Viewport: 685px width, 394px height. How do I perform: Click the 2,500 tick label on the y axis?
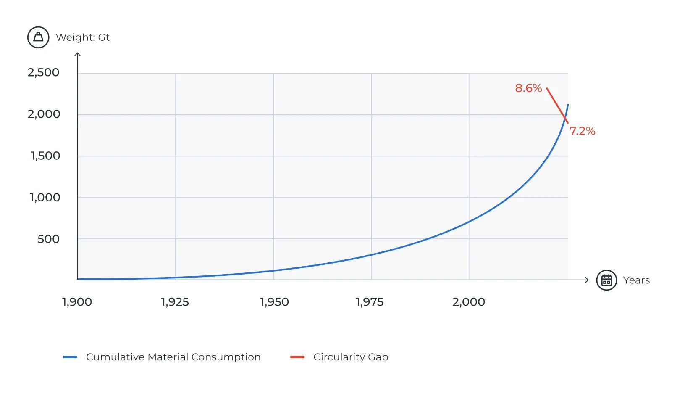pos(43,72)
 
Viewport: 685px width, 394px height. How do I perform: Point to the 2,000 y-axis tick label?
pos(44,114)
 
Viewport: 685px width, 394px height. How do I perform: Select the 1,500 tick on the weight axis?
pos(45,156)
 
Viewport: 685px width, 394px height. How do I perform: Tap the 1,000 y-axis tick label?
pos(45,197)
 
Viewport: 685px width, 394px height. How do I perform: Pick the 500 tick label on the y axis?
pos(48,239)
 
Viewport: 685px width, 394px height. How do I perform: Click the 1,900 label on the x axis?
pos(77,302)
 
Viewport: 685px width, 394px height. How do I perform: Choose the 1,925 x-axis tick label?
pos(175,302)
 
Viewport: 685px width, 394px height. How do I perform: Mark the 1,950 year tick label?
pos(274,302)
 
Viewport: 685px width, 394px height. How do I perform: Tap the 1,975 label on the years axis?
pos(370,302)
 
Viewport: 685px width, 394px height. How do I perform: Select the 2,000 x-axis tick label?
pos(469,302)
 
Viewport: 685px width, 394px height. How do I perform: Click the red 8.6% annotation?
pos(528,88)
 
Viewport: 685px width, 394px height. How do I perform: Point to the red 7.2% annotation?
pos(582,131)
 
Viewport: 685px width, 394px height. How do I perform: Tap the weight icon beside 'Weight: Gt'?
pos(38,37)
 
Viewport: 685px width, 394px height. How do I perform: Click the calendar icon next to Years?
pos(606,280)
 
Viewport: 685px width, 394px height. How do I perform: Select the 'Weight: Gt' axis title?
pos(83,37)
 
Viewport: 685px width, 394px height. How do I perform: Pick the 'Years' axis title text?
pos(636,280)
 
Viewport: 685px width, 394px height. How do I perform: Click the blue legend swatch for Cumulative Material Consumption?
pos(70,357)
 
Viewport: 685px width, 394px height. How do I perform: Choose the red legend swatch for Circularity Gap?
pos(297,357)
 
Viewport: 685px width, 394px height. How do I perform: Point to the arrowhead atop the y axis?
pos(77,54)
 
